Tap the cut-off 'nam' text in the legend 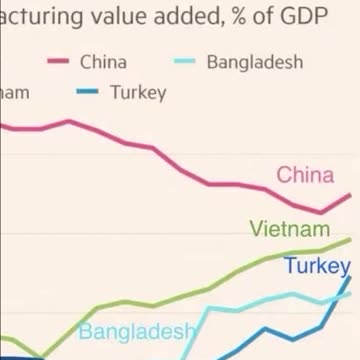17,92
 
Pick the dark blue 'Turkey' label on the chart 317,266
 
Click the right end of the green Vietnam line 352,239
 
